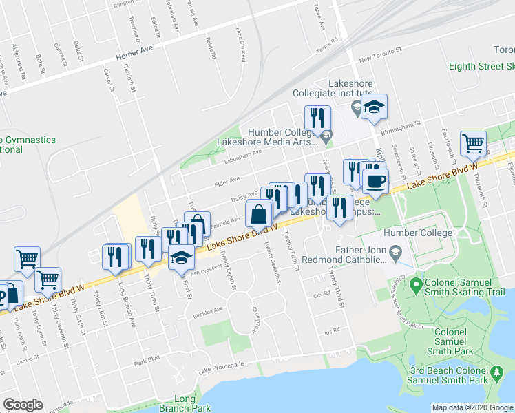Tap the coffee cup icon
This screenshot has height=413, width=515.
click(375, 181)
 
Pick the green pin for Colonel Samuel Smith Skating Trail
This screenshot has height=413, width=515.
click(415, 284)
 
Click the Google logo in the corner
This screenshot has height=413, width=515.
click(23, 404)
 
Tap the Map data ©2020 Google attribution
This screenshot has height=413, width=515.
click(472, 407)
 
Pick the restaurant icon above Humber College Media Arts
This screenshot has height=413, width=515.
click(317, 116)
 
